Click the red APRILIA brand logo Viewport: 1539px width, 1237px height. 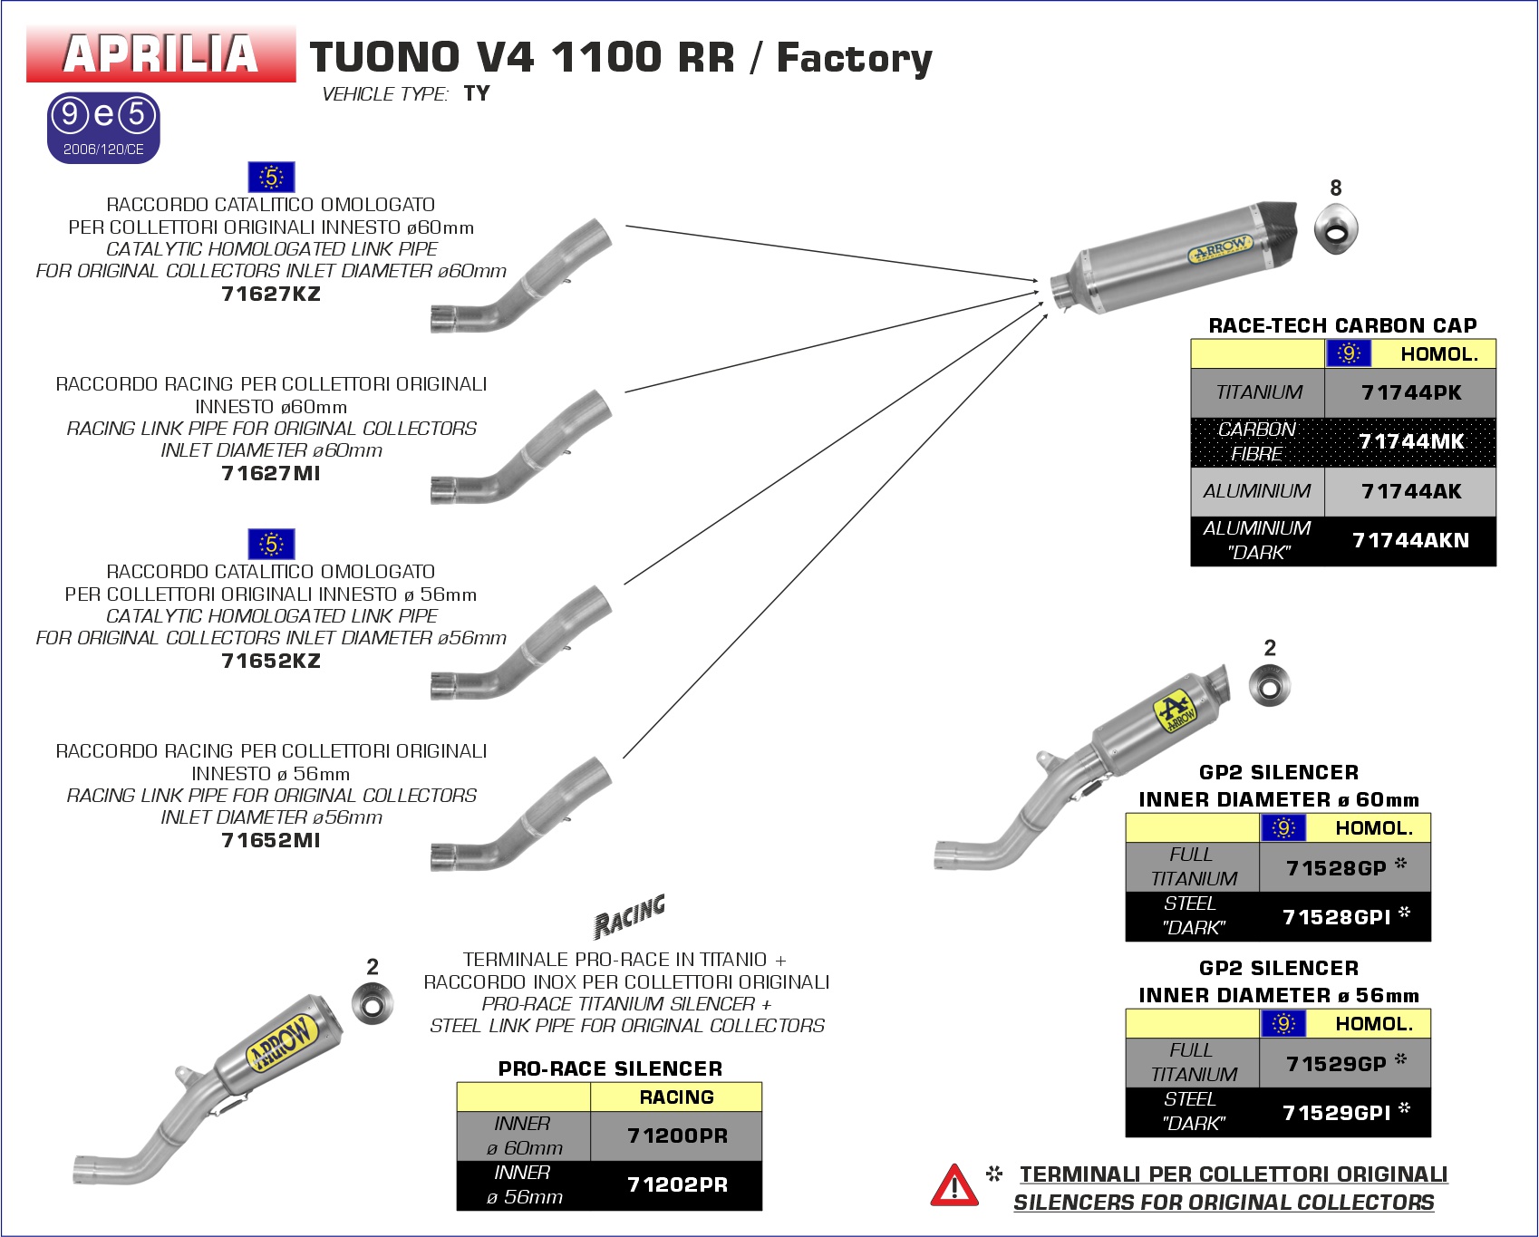[x=161, y=54]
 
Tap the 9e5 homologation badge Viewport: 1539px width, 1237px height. [x=103, y=127]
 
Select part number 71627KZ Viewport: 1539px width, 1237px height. [x=271, y=294]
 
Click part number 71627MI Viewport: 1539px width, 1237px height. [x=271, y=473]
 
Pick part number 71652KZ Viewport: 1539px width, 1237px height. [x=271, y=661]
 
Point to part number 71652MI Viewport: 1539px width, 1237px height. [x=271, y=840]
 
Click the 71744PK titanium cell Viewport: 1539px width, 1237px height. [x=1410, y=392]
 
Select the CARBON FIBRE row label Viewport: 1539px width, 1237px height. [x=1257, y=441]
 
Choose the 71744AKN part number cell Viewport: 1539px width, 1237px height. [x=1410, y=540]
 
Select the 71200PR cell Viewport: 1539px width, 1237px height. [x=677, y=1136]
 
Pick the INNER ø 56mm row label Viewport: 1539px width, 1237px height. [x=524, y=1184]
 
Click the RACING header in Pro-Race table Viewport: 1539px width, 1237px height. [x=676, y=1097]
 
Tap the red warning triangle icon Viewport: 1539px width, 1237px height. [x=953, y=1186]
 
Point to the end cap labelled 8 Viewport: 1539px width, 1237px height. [x=1335, y=229]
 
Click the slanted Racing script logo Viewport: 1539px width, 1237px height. [x=630, y=915]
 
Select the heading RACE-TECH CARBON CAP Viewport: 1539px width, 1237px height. [x=1342, y=325]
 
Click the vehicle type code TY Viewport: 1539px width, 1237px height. [x=477, y=93]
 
